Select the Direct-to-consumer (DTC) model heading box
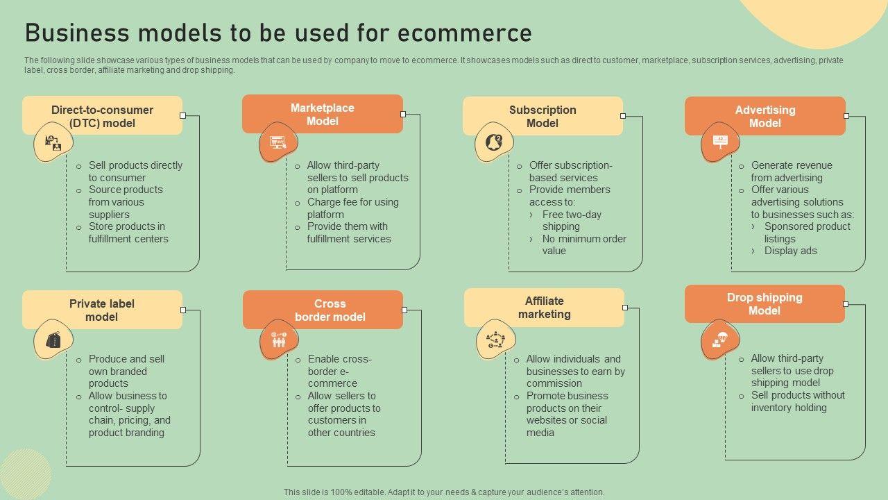click(x=102, y=116)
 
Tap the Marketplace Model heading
click(x=322, y=114)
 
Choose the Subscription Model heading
click(x=543, y=116)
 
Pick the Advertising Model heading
click(x=765, y=116)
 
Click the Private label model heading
click(x=102, y=310)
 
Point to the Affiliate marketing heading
click(x=544, y=307)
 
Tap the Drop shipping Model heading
click(x=765, y=303)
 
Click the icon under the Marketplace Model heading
click(x=278, y=142)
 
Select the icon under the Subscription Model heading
click(x=494, y=142)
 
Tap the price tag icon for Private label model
click(x=53, y=340)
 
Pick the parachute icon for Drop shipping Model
click(x=720, y=339)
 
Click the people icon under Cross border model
click(x=278, y=340)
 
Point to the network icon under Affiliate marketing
click(x=495, y=340)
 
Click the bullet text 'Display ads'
click(x=790, y=251)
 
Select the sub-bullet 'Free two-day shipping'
click(x=572, y=220)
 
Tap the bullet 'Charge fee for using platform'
click(x=352, y=208)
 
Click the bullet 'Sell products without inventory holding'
click(x=797, y=401)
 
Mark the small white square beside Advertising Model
click(x=846, y=116)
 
